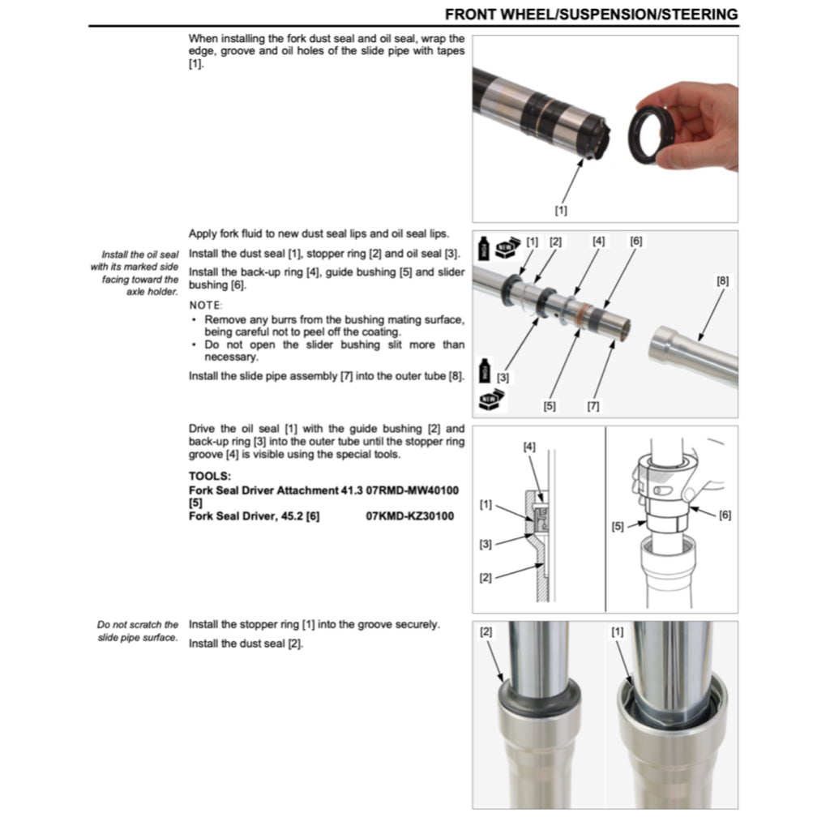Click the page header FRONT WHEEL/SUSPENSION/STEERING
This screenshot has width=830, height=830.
591,14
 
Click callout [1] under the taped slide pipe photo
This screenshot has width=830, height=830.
560,209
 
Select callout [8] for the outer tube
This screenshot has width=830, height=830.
722,280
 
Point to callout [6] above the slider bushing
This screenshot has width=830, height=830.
636,241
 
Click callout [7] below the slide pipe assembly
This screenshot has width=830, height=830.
593,406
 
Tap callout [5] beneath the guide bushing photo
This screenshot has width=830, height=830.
550,406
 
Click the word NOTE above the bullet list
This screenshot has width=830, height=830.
205,305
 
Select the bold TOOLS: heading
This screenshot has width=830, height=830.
210,477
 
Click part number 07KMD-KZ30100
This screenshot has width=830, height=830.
410,516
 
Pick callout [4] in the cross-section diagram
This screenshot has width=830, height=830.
529,447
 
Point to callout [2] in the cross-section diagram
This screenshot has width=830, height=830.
486,577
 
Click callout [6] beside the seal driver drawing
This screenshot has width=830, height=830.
725,516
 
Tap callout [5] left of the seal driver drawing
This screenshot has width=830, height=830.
618,526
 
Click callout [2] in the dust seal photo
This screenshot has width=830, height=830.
486,631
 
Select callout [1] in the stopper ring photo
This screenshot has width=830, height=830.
618,631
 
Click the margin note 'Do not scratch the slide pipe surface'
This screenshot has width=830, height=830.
138,631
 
